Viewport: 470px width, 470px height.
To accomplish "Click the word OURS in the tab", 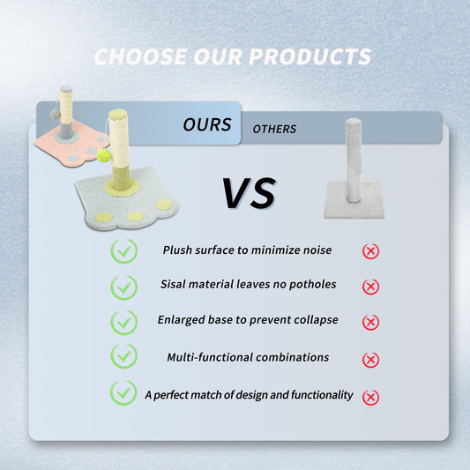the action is point(207,124).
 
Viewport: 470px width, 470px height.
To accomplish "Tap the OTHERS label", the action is point(274,130).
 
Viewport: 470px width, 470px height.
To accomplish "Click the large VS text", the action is point(249,193).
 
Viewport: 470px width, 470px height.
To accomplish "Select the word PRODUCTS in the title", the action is point(310,56).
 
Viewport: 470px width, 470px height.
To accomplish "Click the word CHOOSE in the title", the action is point(140,56).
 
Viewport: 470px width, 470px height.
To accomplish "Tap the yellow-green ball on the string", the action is point(104,155).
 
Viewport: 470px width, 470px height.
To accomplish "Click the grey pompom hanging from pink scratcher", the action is point(55,115).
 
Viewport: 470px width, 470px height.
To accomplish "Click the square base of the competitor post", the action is point(354,200).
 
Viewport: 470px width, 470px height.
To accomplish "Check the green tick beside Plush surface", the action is point(123,251).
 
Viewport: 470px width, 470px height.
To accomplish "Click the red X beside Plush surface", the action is point(370,251).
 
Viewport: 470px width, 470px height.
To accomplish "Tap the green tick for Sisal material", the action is point(123,287).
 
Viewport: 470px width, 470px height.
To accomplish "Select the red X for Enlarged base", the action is point(370,323).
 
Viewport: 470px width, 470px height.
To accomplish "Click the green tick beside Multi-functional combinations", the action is point(123,356).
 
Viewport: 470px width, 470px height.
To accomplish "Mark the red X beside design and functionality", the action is point(370,398).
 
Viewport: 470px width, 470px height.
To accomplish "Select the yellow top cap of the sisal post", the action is point(118,114).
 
